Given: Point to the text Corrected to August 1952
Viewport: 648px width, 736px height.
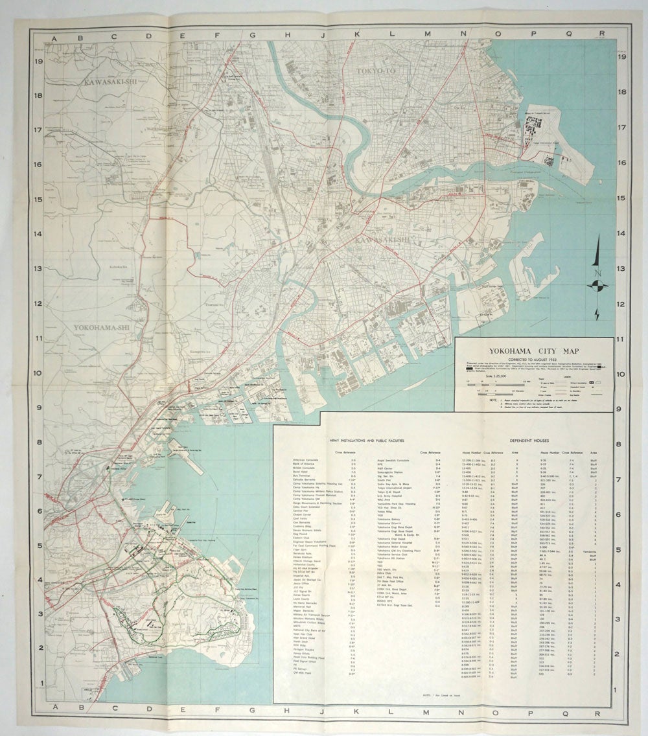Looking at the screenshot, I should click(x=535, y=360).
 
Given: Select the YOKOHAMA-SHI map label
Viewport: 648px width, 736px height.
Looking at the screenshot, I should click(x=102, y=328).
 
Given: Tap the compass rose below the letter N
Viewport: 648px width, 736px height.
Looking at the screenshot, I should click(x=597, y=286).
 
